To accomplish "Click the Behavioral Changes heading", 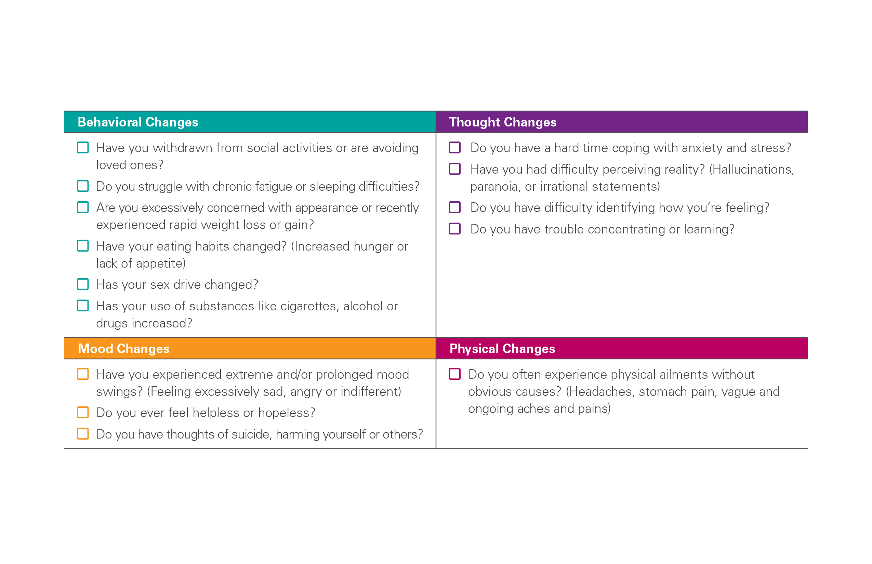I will pyautogui.click(x=138, y=122).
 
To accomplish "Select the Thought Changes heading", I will pyautogui.click(x=502, y=122).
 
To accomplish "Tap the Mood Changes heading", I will pyautogui.click(x=123, y=348).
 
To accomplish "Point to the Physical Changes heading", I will pyautogui.click(x=502, y=348).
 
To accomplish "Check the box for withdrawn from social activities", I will pyautogui.click(x=83, y=148).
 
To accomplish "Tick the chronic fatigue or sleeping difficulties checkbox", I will pyautogui.click(x=83, y=186).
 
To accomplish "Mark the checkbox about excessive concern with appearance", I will pyautogui.click(x=83, y=207).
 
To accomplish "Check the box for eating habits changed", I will pyautogui.click(x=83, y=246).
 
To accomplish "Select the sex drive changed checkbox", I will pyautogui.click(x=83, y=284).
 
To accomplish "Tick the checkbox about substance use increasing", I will pyautogui.click(x=83, y=306).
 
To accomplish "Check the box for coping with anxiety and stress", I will pyautogui.click(x=455, y=148).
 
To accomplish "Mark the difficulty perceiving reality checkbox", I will pyautogui.click(x=455, y=169).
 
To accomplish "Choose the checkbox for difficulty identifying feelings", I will pyautogui.click(x=455, y=207).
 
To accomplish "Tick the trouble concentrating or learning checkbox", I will pyautogui.click(x=455, y=229).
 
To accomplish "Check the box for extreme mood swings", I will pyautogui.click(x=83, y=374).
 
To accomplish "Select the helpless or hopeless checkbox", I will pyautogui.click(x=83, y=412).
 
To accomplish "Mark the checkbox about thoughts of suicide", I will pyautogui.click(x=83, y=434).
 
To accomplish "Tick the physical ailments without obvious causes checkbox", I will pyautogui.click(x=455, y=374).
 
